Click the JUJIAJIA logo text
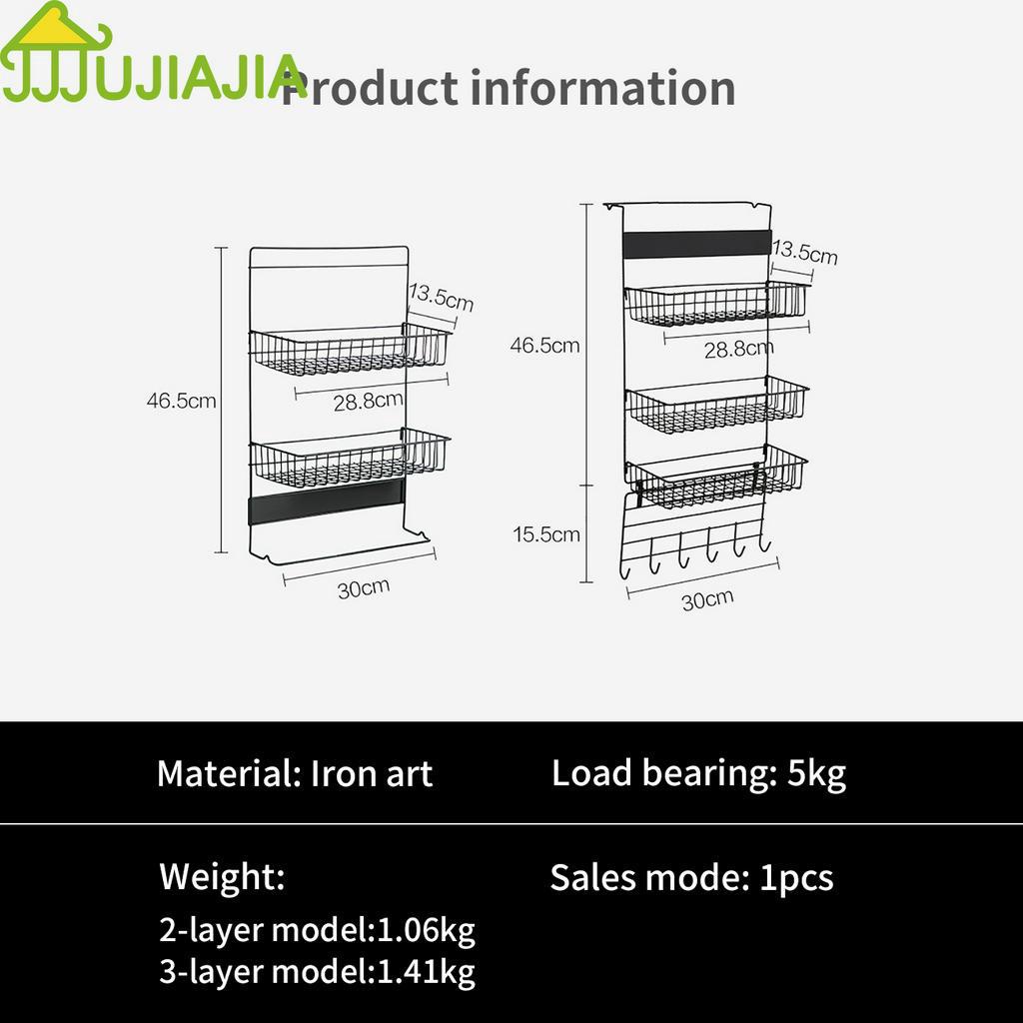coord(150,79)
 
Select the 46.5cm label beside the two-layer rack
coord(181,402)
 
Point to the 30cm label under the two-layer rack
coord(363,588)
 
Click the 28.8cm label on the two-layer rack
coord(368,402)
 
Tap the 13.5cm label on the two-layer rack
coord(441,298)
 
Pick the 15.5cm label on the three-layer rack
coord(546,534)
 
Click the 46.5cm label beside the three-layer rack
coord(544,346)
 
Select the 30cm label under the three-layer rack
coord(707,599)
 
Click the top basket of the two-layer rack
coord(350,350)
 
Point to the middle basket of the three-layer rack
coord(717,405)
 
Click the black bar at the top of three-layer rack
coord(697,244)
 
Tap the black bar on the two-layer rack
coord(326,503)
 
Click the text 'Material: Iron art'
coord(295,774)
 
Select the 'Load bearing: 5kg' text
coord(698,773)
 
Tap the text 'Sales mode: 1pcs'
coord(691,878)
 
